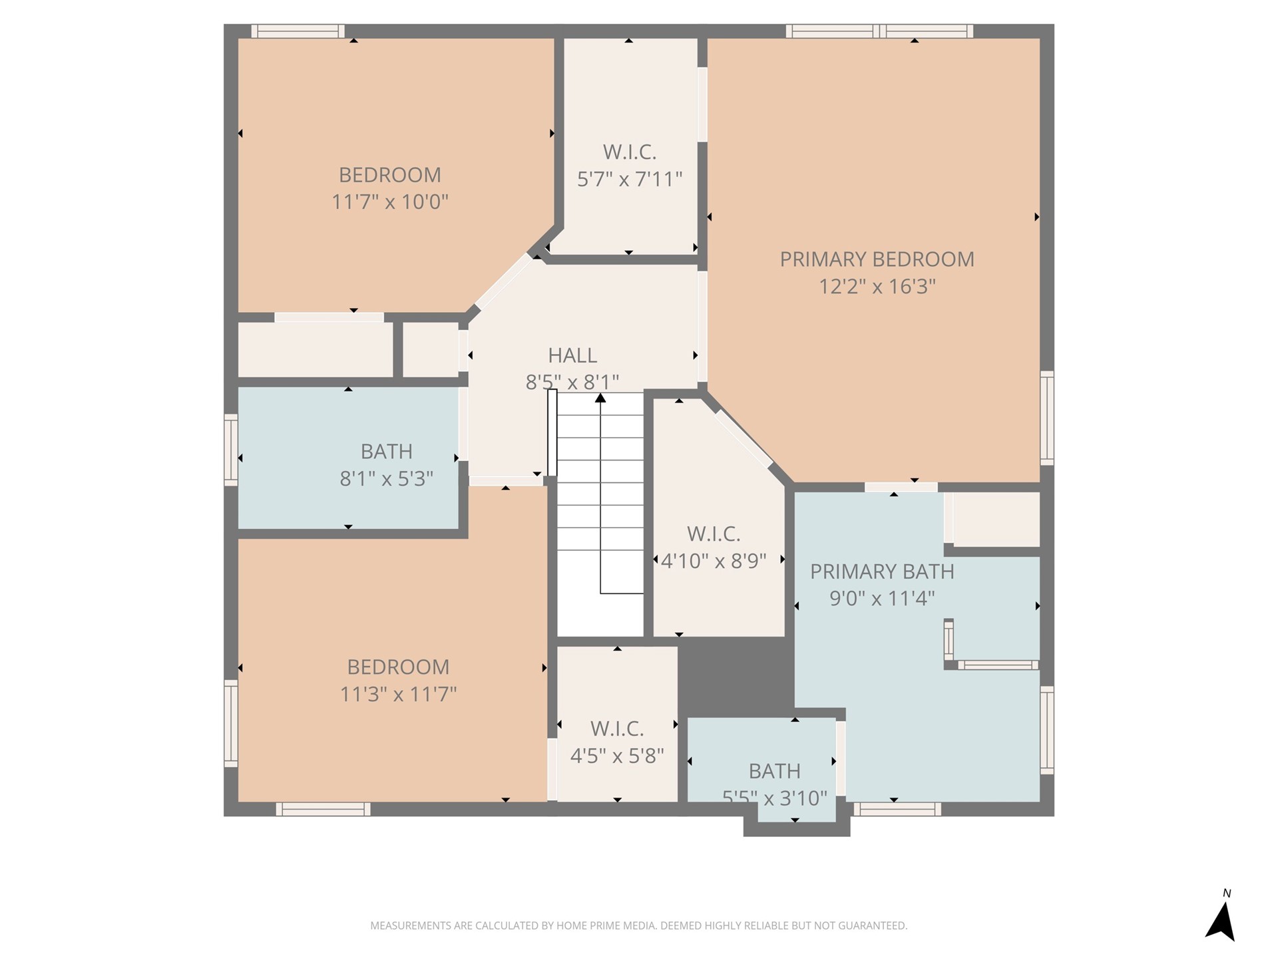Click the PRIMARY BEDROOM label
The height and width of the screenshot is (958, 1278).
click(877, 259)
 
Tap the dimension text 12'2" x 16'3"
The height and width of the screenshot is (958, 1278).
click(877, 287)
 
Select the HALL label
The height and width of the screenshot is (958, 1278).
click(572, 355)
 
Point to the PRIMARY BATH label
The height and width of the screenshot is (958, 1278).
click(882, 571)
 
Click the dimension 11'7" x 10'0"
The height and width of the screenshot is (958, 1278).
click(390, 202)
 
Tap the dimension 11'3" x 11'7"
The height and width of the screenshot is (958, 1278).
click(398, 695)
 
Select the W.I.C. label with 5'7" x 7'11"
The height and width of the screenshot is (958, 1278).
click(630, 152)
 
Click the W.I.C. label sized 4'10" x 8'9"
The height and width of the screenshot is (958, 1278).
click(714, 534)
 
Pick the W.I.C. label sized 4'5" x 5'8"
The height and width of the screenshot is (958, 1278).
click(617, 729)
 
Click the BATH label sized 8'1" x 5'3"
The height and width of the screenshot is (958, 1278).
click(386, 452)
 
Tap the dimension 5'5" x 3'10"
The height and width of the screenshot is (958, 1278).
click(774, 798)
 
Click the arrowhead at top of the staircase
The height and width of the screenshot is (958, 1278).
click(600, 398)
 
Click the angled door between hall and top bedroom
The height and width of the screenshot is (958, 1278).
click(504, 282)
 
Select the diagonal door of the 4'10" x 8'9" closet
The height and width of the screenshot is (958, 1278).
click(744, 438)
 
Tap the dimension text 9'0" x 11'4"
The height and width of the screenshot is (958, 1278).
click(882, 599)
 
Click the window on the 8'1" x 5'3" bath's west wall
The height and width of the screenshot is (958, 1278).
click(231, 450)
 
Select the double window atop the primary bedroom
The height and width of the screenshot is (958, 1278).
click(879, 31)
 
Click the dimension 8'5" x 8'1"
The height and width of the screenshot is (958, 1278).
click(572, 383)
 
